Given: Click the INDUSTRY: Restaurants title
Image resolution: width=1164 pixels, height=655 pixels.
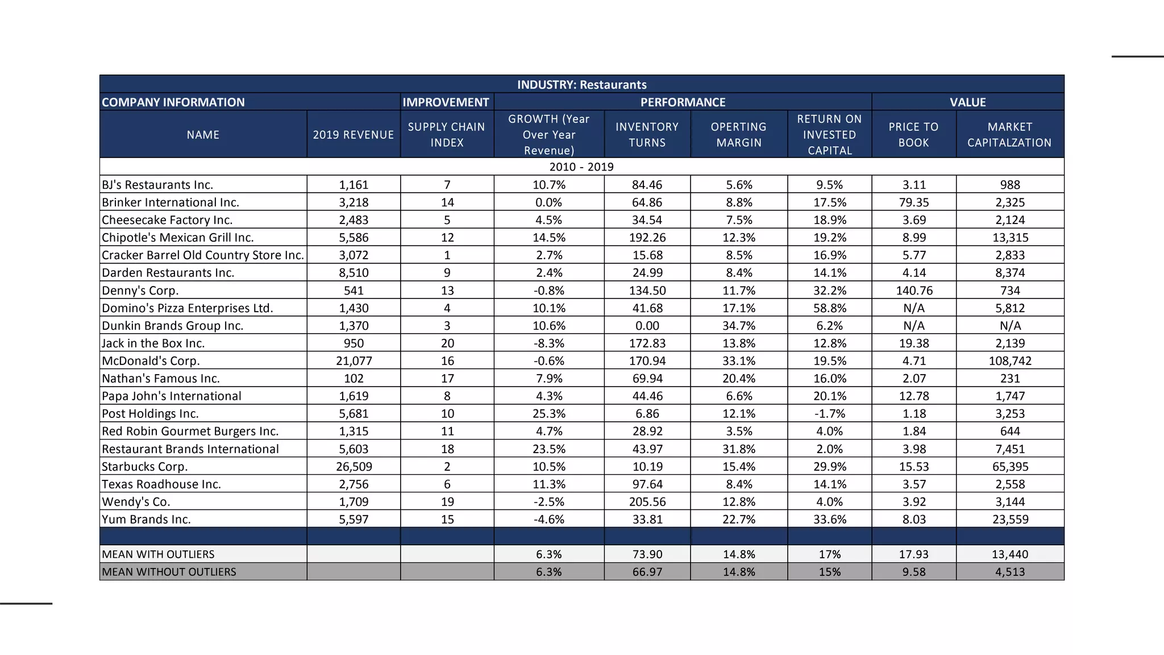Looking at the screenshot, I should pos(581,85).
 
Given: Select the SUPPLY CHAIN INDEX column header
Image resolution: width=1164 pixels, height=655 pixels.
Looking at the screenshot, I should pos(446,135).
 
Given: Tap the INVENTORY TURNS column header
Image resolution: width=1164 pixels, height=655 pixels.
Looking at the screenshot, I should pos(647,135).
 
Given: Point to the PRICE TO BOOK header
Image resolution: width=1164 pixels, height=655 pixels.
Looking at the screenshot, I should pos(913,135).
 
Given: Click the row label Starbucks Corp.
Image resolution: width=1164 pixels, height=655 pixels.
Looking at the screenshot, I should pos(144,467).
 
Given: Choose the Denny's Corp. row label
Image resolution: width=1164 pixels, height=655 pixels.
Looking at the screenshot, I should pos(140,291).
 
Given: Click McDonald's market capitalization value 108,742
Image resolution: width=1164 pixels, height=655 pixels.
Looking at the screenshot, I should pos(1009,361).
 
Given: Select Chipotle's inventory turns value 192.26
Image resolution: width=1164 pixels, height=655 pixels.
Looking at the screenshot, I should pos(647,238).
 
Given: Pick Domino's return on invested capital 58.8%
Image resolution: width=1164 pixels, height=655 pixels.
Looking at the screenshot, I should pos(829,308).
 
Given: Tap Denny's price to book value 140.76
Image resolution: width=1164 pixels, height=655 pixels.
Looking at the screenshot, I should pos(913,291).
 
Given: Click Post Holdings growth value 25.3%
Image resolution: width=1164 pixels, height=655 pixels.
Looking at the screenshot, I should pos(548,414).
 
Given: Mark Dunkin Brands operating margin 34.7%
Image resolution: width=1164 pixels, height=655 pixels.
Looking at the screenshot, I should pos(738,326).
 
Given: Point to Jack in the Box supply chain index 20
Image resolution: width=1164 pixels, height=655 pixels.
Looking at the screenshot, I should pos(447,343).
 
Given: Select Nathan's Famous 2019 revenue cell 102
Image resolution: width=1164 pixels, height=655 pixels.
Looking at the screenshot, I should pos(354,379).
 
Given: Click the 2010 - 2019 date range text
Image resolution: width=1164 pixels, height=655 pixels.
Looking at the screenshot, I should pos(581,167).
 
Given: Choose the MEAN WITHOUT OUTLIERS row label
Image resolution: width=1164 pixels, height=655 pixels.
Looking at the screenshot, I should pos(169,572).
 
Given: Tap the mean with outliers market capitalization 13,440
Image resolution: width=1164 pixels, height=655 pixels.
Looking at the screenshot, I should pos(1009,554).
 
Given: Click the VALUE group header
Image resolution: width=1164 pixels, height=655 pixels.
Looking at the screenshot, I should pos(967,102).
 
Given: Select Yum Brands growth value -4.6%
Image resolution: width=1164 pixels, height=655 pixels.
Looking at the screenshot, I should pos(548,520).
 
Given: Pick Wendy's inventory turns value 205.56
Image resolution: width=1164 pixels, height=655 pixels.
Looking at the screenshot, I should pos(647,502).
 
